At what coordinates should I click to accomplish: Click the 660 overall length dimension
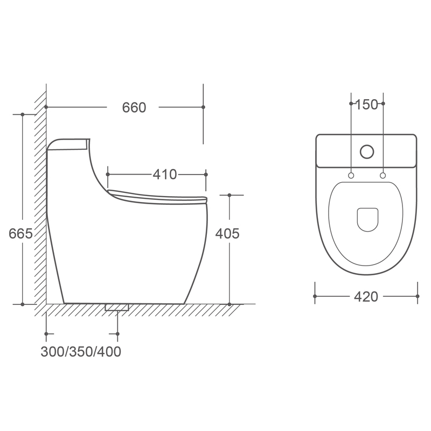point(134,107)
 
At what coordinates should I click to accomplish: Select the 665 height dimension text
point(20,234)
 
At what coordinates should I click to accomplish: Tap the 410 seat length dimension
point(165,175)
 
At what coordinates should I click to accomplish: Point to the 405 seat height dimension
point(227,234)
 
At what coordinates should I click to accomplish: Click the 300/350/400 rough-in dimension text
point(81,352)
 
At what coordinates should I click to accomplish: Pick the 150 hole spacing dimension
point(367,105)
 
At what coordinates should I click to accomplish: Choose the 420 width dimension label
point(366,297)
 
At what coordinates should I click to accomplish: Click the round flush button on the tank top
point(367,152)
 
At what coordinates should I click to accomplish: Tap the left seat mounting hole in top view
point(351,176)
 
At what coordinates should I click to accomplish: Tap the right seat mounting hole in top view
point(383,176)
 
